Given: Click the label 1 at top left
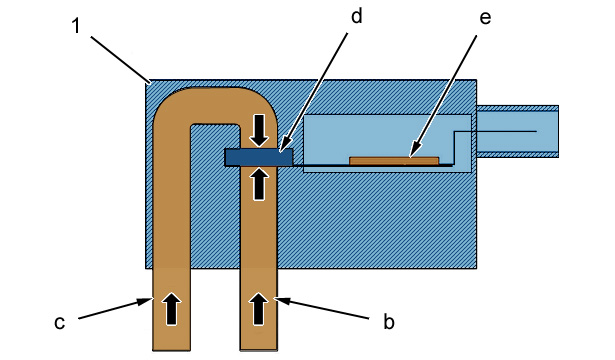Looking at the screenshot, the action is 76,26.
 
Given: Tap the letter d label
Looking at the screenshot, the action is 356,16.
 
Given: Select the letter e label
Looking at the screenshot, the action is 485,18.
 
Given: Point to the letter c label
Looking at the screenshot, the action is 59,323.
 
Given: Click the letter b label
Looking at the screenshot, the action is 388,322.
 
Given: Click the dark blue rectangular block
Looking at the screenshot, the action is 258,157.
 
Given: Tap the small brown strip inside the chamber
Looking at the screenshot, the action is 394,161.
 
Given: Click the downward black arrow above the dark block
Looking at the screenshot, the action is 259,130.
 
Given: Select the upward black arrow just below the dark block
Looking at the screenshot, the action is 259,184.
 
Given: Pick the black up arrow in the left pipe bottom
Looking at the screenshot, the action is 171,309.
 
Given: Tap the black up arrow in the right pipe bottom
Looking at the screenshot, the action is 259,309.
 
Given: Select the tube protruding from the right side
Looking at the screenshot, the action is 518,131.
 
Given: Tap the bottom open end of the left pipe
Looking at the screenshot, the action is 171,349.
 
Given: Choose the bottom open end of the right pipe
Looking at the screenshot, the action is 259,349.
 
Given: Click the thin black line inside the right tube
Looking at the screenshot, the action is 495,131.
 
